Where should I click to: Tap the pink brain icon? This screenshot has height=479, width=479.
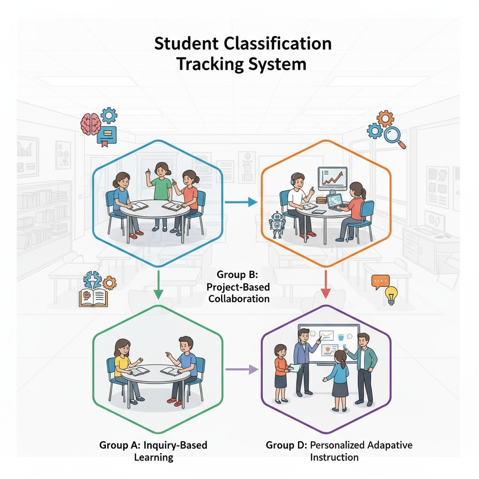(90, 123)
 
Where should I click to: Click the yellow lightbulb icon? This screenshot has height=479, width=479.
(391, 296)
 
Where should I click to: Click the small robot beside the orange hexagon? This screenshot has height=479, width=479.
(277, 224)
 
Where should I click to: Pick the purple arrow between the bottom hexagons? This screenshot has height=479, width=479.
(242, 370)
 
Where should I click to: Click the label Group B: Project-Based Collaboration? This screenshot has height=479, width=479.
(239, 286)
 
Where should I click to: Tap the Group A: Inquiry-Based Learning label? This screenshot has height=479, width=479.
(153, 450)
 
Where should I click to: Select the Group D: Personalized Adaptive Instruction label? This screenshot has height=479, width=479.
(339, 450)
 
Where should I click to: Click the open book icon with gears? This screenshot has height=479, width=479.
(94, 292)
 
